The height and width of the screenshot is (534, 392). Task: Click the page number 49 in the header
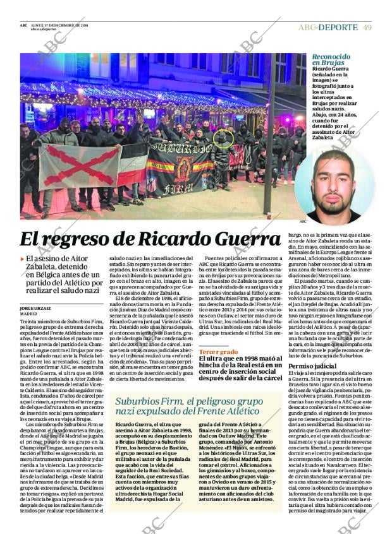[367, 27]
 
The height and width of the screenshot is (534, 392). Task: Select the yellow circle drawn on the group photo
[224, 139]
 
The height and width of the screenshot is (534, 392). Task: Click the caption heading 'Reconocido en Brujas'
[331, 60]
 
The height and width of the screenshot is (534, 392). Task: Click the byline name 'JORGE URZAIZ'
[36, 307]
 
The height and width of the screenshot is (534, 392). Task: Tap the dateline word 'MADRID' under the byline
[28, 313]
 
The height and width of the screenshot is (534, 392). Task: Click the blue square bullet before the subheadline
[23, 258]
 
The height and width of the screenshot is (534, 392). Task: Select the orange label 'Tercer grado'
[218, 351]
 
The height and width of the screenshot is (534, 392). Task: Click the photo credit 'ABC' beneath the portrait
[302, 222]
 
